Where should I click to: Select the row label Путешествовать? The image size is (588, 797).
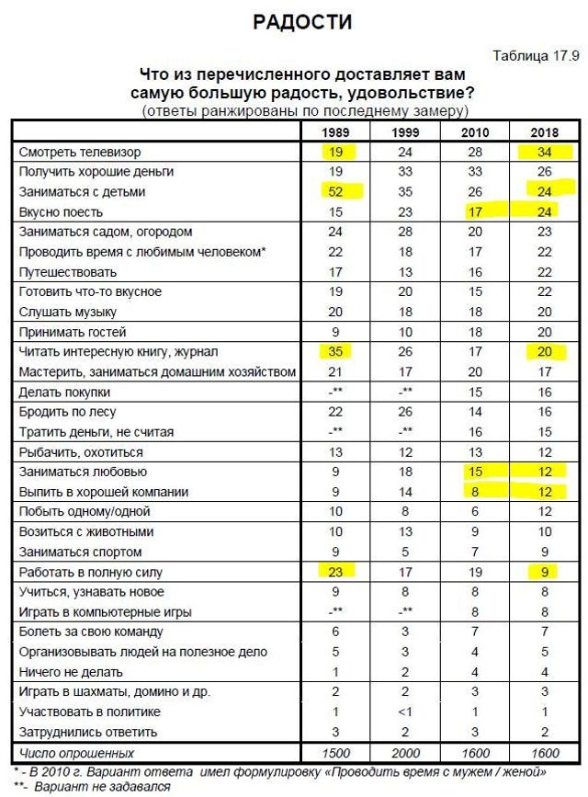click(x=67, y=272)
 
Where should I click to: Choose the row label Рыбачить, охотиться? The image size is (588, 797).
click(x=80, y=451)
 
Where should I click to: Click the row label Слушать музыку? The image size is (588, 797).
click(x=67, y=312)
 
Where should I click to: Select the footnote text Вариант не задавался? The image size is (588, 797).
click(x=101, y=786)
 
